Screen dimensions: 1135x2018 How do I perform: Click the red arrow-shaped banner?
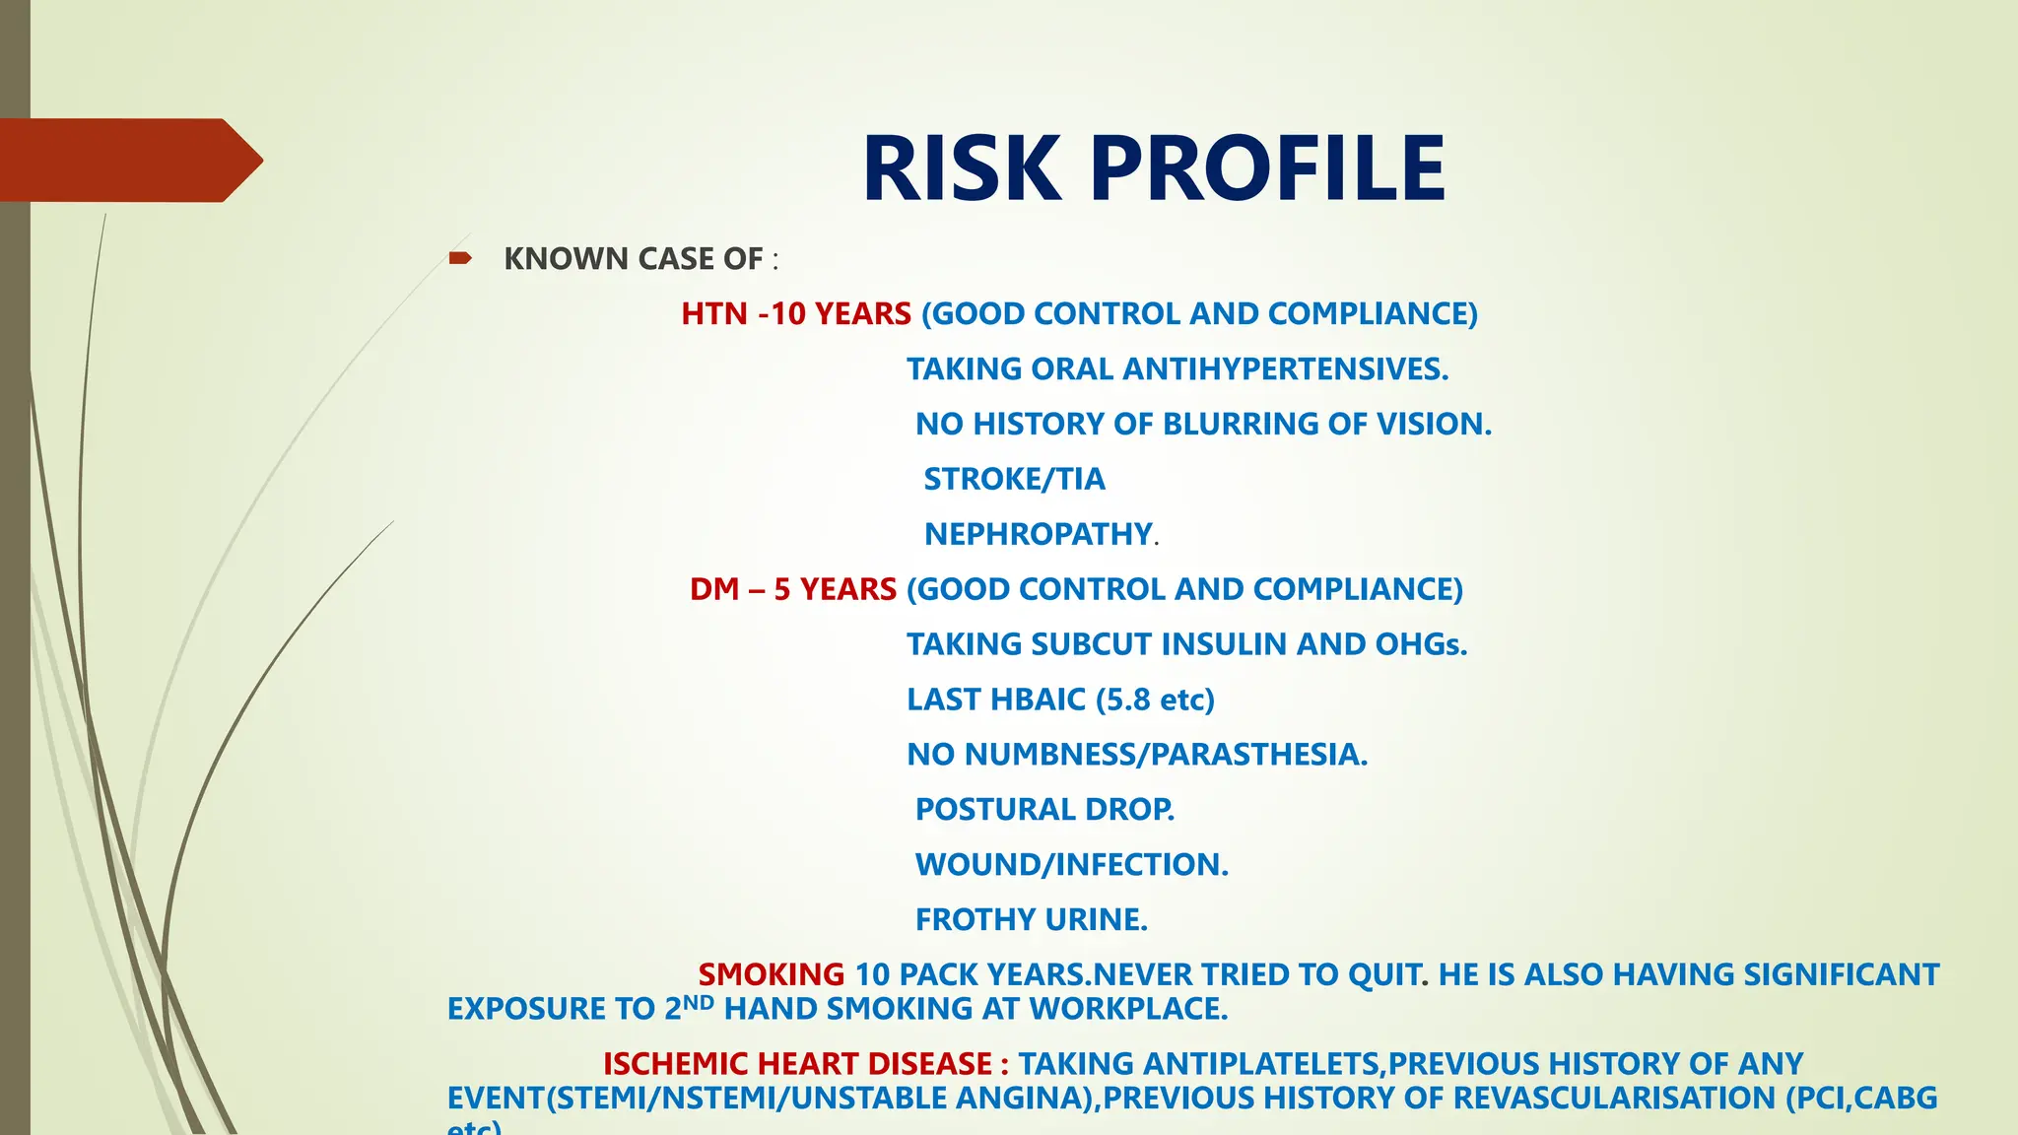(x=128, y=160)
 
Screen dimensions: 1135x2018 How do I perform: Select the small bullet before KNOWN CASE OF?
(x=459, y=258)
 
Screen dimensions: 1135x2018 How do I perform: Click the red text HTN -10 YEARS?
(x=796, y=314)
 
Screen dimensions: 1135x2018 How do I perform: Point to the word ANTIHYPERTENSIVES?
(x=1285, y=369)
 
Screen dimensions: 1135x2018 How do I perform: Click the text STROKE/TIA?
(x=1014, y=480)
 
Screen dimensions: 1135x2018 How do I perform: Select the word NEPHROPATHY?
(x=1038, y=535)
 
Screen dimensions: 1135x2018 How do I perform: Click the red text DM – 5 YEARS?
(x=793, y=590)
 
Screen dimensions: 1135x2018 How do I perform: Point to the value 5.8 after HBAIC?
(x=1128, y=701)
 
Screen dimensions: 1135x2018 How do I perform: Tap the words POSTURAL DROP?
(x=1044, y=810)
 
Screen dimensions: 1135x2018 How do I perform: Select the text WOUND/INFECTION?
(x=1071, y=865)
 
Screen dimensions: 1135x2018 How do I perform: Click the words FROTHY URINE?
(x=1031, y=920)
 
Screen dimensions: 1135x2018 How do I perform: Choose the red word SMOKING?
(x=772, y=975)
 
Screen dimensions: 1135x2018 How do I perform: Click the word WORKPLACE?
(x=1127, y=1010)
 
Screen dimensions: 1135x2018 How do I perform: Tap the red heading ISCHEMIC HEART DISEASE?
(x=806, y=1065)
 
